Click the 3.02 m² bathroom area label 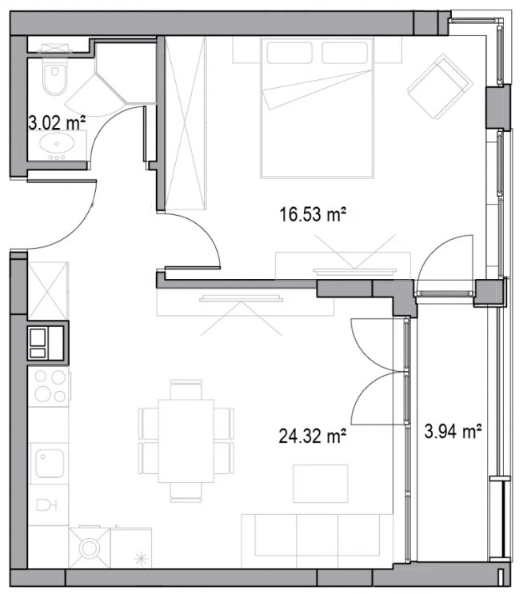pyautogui.click(x=57, y=123)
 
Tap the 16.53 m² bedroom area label pyautogui.click(x=313, y=215)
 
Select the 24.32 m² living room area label pyautogui.click(x=313, y=436)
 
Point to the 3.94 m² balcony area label pyautogui.click(x=453, y=431)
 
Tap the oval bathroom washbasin pyautogui.click(x=57, y=143)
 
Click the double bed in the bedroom pyautogui.click(x=317, y=108)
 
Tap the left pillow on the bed pyautogui.click(x=289, y=53)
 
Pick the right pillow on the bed pyautogui.click(x=345, y=53)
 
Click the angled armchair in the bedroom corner pyautogui.click(x=440, y=87)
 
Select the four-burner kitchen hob pyautogui.click(x=50, y=386)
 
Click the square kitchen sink pyautogui.click(x=50, y=464)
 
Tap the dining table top pyautogui.click(x=186, y=441)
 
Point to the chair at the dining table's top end pyautogui.click(x=186, y=389)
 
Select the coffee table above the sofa pyautogui.click(x=321, y=484)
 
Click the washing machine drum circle pyautogui.click(x=89, y=548)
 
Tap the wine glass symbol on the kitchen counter pyautogui.click(x=46, y=505)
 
